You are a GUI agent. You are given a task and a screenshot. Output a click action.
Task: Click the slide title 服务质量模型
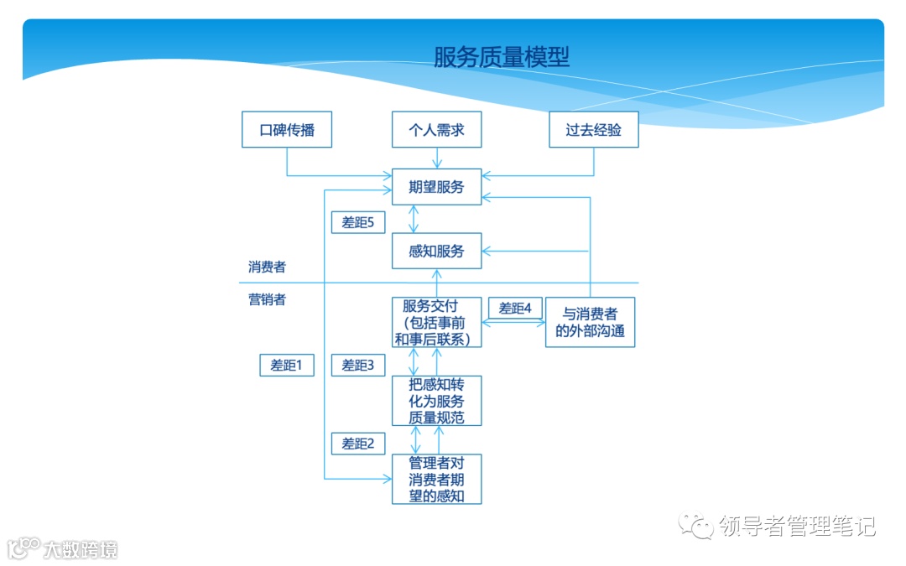502,57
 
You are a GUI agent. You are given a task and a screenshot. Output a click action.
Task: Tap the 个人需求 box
436,130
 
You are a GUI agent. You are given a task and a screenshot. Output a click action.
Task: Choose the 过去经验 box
593,130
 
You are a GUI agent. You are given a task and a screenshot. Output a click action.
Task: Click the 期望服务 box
436,186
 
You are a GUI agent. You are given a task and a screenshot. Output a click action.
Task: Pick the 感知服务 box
436,251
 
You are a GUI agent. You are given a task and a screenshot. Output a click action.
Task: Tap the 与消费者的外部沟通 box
590,323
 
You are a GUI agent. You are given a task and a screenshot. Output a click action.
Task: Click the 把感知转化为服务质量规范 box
436,401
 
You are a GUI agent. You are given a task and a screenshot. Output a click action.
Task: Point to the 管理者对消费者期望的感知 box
436,479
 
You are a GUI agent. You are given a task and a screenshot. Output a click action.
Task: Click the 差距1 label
287,366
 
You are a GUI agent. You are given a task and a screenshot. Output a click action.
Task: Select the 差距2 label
358,443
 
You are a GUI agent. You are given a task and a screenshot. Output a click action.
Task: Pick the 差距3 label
358,366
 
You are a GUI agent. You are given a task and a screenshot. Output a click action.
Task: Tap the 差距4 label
516,308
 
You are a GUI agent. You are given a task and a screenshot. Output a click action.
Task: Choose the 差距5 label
358,222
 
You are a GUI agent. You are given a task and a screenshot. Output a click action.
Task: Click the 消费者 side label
267,267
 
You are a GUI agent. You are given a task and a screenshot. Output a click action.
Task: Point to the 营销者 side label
267,299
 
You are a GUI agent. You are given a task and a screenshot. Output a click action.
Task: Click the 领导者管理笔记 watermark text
797,526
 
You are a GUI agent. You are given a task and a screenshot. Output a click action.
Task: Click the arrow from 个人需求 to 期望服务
436,158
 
